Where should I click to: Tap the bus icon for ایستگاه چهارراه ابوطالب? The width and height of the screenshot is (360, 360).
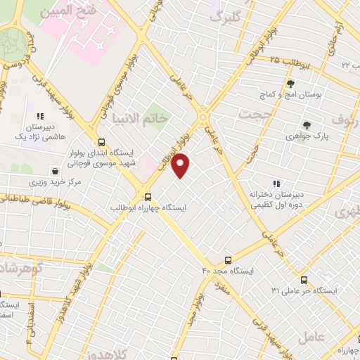148,197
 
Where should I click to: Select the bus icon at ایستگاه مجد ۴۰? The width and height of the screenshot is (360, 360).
227,259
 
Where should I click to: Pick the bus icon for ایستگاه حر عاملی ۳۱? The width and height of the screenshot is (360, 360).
304,278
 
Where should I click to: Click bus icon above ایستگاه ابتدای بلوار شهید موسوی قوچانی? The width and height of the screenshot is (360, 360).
103,140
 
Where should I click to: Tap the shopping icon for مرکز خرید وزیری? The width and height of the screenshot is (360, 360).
55,171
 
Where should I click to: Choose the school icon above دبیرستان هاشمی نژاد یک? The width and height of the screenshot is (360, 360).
40,116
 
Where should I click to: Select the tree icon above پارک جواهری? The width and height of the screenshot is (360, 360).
306,124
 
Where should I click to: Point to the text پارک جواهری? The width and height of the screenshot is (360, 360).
309,136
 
